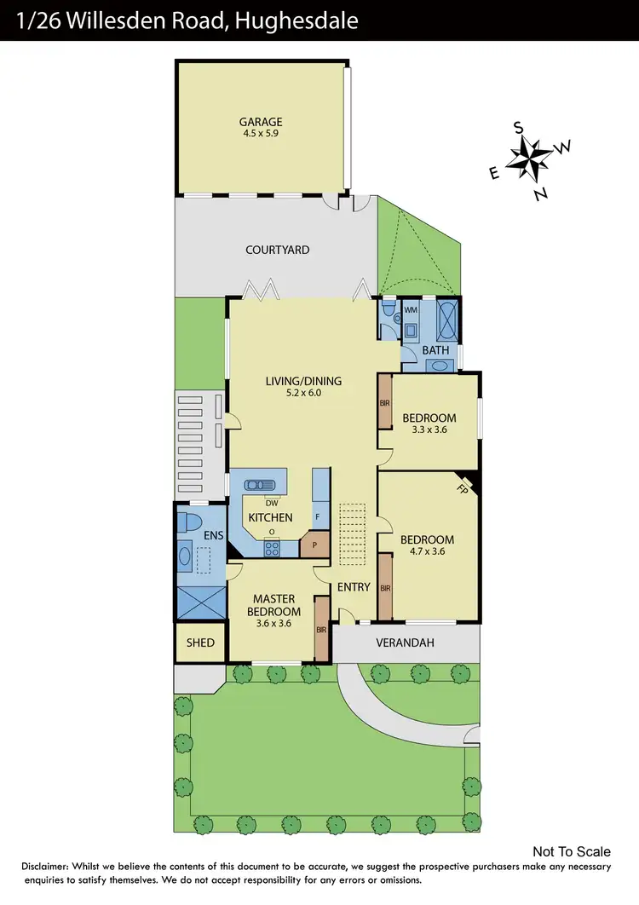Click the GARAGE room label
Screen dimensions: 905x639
261,122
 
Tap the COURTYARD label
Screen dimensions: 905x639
277,250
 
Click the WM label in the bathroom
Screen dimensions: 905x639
410,309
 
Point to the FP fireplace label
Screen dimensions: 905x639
463,489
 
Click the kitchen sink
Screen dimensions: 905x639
259,485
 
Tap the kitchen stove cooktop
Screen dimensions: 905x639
272,549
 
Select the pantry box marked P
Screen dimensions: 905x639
314,545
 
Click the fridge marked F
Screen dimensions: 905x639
319,516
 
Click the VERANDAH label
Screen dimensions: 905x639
405,643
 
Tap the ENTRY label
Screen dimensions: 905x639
354,586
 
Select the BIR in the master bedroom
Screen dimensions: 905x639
321,630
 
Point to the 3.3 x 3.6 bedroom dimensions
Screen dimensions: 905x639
429,430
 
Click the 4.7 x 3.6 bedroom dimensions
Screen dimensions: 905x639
427,551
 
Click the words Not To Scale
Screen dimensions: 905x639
572,851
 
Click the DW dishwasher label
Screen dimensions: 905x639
272,503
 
